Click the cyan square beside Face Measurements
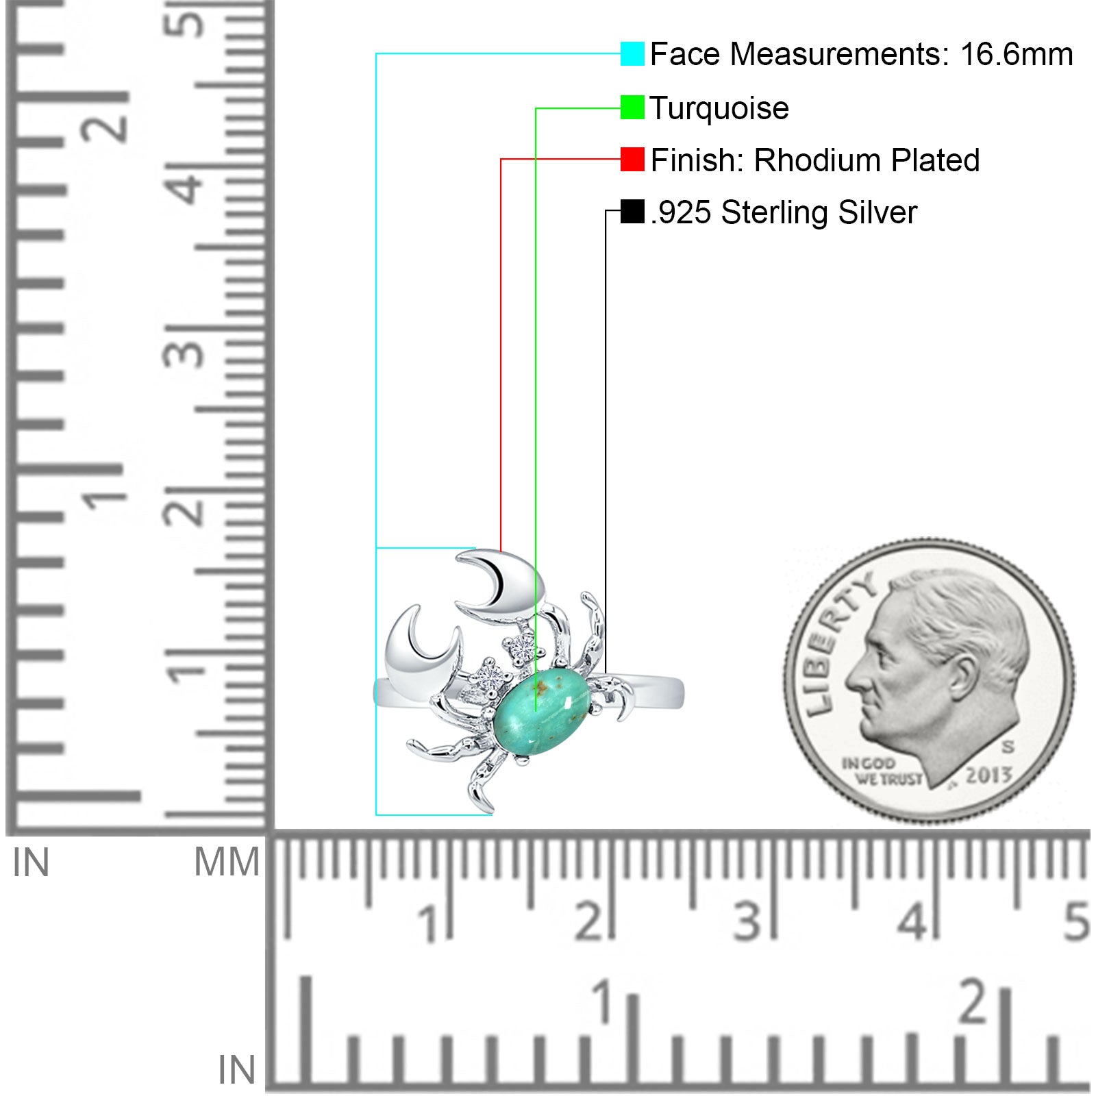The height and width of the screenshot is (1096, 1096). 632,53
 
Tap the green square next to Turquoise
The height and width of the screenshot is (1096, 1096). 632,108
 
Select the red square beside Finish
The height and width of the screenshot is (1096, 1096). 632,160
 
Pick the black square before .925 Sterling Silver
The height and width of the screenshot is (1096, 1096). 632,212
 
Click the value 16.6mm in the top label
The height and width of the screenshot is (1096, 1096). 1017,54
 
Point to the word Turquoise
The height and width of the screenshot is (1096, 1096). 719,108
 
